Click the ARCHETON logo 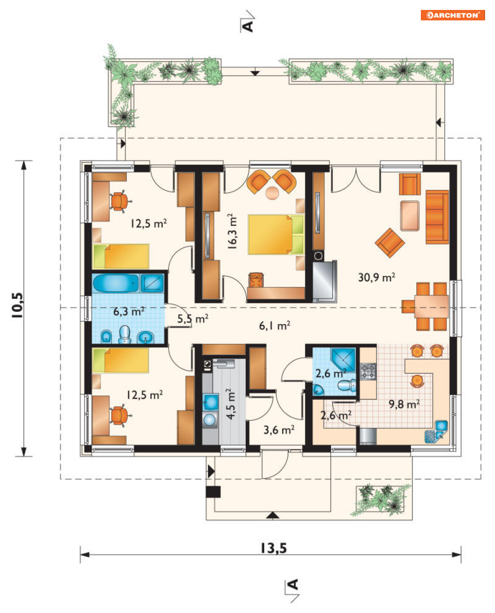[453, 15]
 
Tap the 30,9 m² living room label [377, 277]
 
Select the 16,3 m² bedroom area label [232, 232]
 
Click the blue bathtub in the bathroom [116, 283]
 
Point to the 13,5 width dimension [274, 548]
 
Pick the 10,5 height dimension [17, 305]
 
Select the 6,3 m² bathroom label [129, 311]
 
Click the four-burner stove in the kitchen [368, 371]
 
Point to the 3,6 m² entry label [279, 430]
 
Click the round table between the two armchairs [272, 193]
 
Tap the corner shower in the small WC [343, 360]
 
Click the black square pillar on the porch [213, 492]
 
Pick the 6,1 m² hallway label [275, 326]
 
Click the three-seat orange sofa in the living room [437, 217]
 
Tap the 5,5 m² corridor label [193, 319]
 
